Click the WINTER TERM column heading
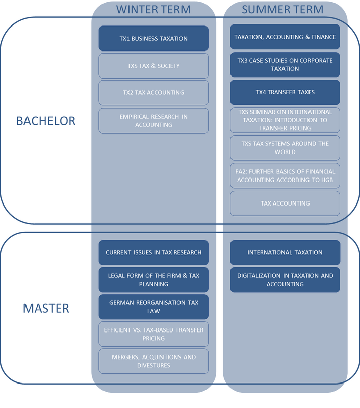click(x=153, y=9)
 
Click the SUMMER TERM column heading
click(x=282, y=9)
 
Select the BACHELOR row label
click(x=46, y=121)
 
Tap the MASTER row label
click(x=46, y=308)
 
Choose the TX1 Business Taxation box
click(x=153, y=38)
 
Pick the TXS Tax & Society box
click(x=153, y=66)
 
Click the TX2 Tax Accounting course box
click(x=153, y=93)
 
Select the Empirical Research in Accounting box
click(x=153, y=120)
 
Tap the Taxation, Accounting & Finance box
click(x=285, y=37)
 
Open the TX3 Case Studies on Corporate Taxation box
click(x=285, y=64)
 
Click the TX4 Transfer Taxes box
click(x=285, y=92)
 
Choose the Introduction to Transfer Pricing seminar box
click(x=285, y=120)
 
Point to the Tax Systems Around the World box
click(x=285, y=147)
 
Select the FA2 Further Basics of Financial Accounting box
click(x=285, y=175)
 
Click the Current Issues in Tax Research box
click(x=153, y=252)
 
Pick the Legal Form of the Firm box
click(x=153, y=279)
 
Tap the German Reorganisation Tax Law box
click(x=153, y=307)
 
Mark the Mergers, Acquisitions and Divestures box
click(x=153, y=361)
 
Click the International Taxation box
click(x=285, y=252)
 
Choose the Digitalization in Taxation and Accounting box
click(x=285, y=279)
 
